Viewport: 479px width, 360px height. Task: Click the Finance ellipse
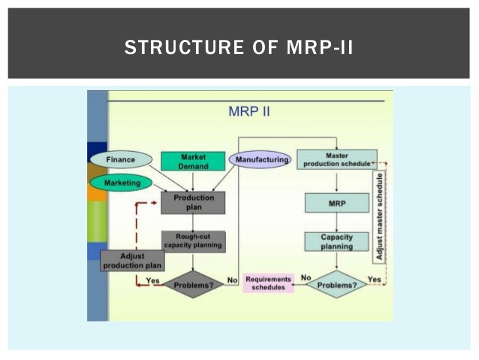(121, 160)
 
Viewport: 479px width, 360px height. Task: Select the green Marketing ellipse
(120, 182)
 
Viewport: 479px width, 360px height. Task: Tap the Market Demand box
(193, 161)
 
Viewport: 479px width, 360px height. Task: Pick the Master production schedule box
(337, 159)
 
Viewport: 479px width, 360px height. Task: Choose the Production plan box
(193, 202)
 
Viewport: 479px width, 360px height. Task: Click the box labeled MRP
(337, 203)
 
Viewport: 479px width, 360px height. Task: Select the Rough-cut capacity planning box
(193, 241)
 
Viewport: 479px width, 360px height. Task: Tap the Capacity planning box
(337, 241)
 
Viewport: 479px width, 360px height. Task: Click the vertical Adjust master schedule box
(379, 217)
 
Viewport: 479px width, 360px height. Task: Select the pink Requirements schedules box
(268, 283)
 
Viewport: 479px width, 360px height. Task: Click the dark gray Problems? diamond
(193, 285)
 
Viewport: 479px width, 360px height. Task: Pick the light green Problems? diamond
(337, 284)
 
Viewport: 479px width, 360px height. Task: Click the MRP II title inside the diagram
(249, 112)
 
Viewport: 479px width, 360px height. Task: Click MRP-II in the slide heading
(319, 50)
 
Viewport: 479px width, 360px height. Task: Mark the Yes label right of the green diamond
(375, 278)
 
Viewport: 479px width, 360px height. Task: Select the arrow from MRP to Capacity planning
(337, 222)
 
